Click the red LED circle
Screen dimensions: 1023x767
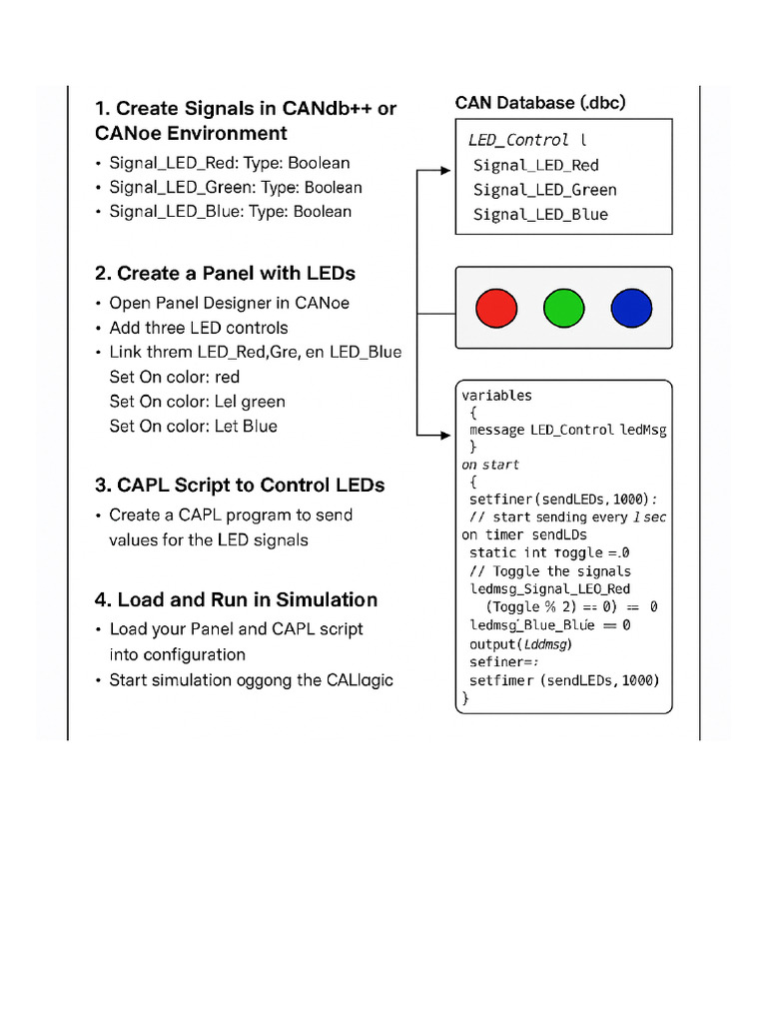pyautogui.click(x=496, y=308)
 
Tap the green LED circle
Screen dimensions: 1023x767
pyautogui.click(x=563, y=308)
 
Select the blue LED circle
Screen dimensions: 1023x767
pyautogui.click(x=631, y=308)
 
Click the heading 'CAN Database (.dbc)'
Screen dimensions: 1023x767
pyautogui.click(x=540, y=103)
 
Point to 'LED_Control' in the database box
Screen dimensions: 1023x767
pyautogui.click(x=518, y=140)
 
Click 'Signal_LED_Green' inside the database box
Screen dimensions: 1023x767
pyautogui.click(x=544, y=190)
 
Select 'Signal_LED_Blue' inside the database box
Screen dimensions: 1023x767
pyautogui.click(x=540, y=214)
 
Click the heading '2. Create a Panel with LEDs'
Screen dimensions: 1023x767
pyautogui.click(x=225, y=273)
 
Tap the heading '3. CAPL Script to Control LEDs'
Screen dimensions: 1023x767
pyautogui.click(x=240, y=486)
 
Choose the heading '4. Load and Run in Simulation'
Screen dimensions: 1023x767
pyautogui.click(x=236, y=599)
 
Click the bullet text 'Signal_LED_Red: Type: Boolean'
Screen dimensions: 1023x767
pyautogui.click(x=230, y=163)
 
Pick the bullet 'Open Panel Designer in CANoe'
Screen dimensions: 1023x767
pyautogui.click(x=229, y=303)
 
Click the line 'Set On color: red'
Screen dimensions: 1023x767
pyautogui.click(x=175, y=377)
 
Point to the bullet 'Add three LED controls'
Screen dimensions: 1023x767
pyautogui.click(x=198, y=328)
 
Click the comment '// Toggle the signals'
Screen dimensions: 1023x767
pyautogui.click(x=549, y=571)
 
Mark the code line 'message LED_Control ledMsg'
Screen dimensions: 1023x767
pyautogui.click(x=567, y=430)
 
